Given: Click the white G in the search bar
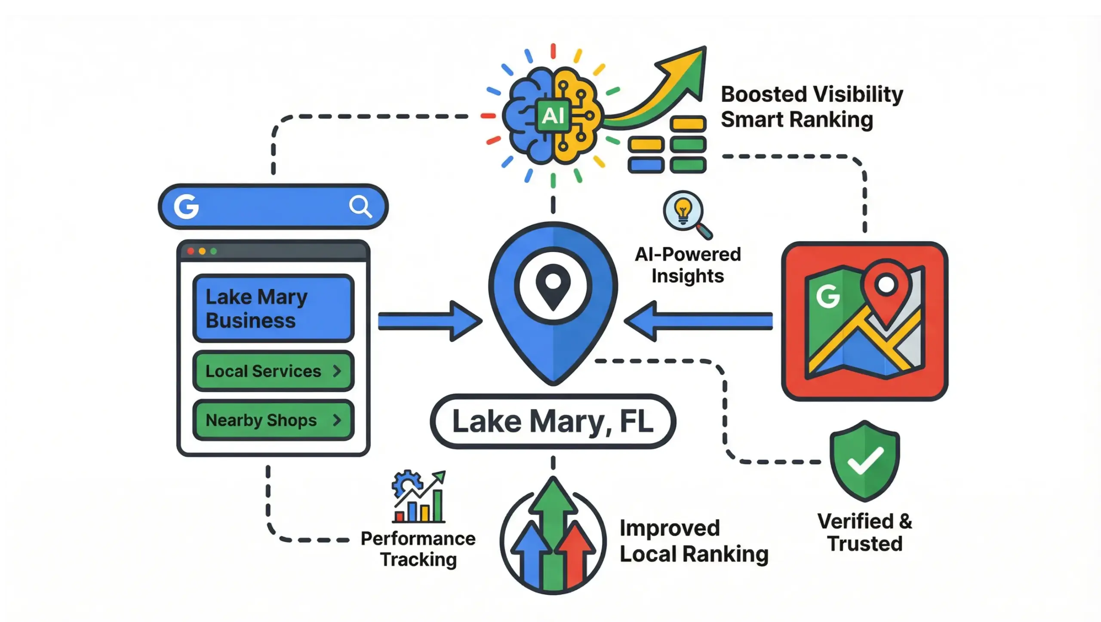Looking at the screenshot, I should (186, 206).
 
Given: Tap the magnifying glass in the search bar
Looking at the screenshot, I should (360, 206).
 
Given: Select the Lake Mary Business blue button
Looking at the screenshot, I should (274, 308).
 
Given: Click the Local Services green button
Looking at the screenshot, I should (274, 371).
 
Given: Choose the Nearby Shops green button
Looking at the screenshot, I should (274, 420).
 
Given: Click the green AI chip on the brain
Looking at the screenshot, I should (553, 116).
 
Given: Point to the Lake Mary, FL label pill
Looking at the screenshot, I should (553, 421).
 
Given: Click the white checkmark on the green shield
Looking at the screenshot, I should (865, 461).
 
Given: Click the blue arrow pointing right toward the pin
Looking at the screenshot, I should (430, 321).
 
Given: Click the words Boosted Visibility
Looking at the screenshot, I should (812, 94).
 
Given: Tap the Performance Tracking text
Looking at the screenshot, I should (418, 549).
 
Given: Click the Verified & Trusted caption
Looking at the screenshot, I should (865, 532).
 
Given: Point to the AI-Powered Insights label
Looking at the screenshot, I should (688, 265).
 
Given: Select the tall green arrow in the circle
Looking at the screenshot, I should (553, 529).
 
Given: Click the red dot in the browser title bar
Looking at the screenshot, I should (191, 251).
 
